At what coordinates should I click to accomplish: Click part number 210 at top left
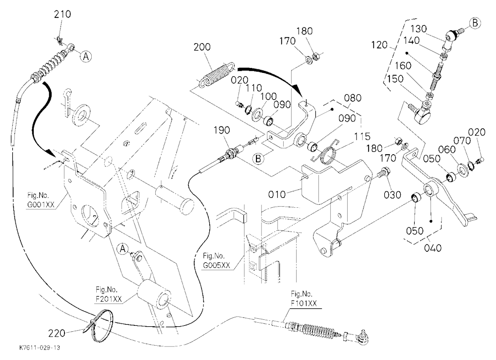tap(62, 14)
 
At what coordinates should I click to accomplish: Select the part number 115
tap(362, 136)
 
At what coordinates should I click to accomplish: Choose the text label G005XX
tap(216, 265)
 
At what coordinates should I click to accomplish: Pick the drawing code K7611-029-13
tap(40, 348)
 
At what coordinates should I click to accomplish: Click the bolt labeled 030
tap(384, 173)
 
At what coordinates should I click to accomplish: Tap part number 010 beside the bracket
tap(277, 194)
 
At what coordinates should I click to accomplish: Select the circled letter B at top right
tap(475, 23)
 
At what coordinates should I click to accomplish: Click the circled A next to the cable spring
tap(86, 57)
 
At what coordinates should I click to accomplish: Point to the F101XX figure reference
tap(304, 303)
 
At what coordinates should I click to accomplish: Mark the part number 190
tap(222, 130)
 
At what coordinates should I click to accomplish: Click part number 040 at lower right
tap(433, 247)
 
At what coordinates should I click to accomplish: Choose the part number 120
tap(379, 45)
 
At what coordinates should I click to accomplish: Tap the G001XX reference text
tap(41, 204)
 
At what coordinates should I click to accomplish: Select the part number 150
tap(395, 79)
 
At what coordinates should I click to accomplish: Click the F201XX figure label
tap(109, 300)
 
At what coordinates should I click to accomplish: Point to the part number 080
tap(352, 98)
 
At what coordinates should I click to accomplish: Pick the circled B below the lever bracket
tap(258, 159)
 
